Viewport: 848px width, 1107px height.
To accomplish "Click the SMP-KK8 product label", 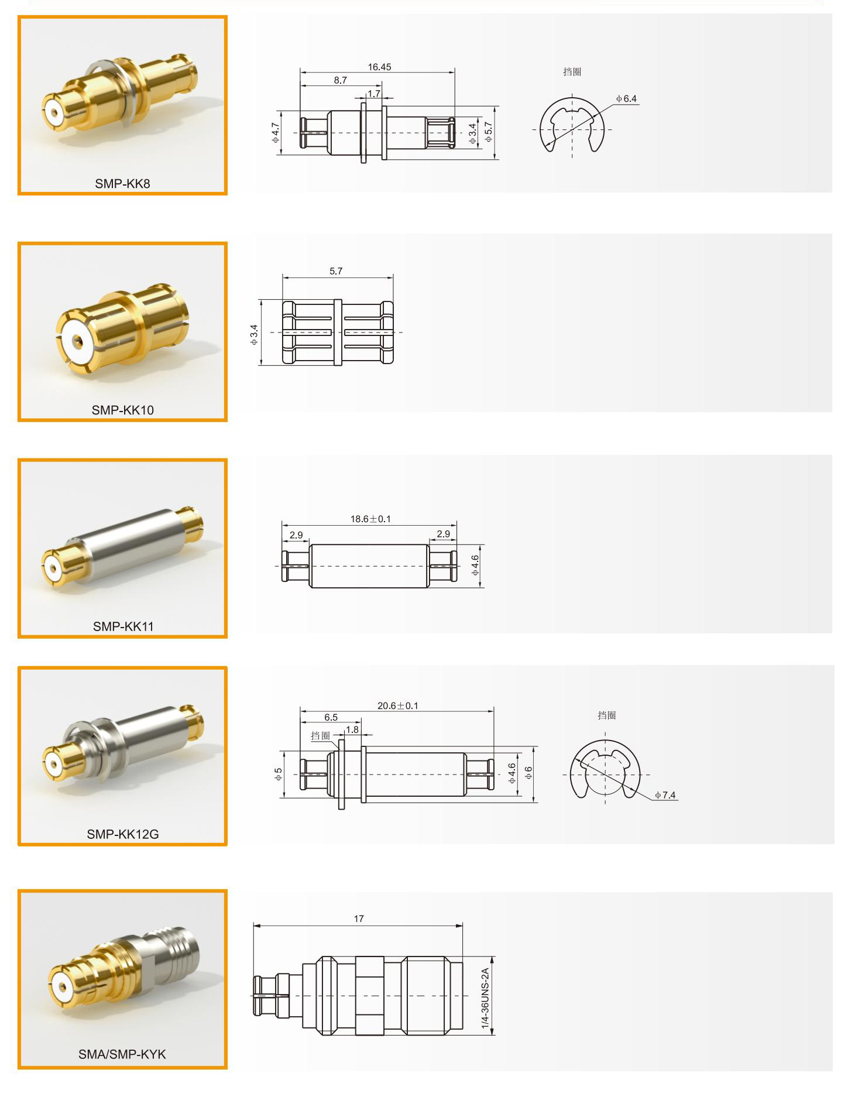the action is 122,183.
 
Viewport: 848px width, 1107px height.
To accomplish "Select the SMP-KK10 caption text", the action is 122,410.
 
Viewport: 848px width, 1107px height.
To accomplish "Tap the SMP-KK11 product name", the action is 123,626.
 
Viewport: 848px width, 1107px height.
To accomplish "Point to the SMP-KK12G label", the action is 123,834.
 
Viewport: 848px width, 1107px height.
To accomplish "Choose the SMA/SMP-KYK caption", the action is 122,1054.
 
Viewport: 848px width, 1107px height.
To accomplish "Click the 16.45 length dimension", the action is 379,67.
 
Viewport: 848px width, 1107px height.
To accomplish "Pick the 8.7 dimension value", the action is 341,80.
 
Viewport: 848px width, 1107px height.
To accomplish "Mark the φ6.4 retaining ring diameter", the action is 626,98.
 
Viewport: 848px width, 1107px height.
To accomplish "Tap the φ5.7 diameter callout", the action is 489,132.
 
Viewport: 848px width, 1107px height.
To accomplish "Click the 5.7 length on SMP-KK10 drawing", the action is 336,271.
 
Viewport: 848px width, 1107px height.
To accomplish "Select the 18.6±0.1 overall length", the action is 370,519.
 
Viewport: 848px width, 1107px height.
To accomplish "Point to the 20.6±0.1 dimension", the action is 398,705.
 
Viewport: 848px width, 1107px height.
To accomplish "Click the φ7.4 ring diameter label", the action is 665,795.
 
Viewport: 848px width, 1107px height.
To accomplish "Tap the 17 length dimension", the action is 359,918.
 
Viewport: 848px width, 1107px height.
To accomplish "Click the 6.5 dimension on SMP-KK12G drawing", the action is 331,717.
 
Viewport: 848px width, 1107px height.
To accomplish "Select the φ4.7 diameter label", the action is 276,132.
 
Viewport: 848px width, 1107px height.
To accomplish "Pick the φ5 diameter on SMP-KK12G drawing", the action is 279,774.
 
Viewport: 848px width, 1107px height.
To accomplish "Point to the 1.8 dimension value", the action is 352,729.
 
